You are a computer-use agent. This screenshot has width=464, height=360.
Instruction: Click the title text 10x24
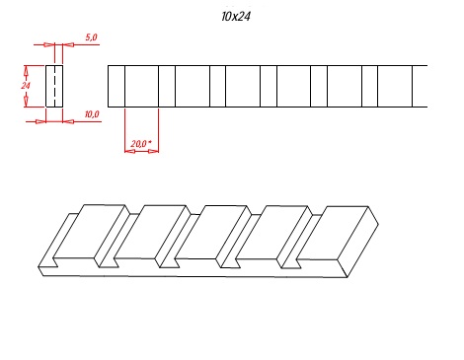pyautogui.click(x=236, y=16)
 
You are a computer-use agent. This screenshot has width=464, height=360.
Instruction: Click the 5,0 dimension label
pyautogui.click(x=91, y=37)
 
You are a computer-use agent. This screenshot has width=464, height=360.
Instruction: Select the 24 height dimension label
pyautogui.click(x=26, y=86)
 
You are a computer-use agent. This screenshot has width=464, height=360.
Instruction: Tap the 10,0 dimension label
pyautogui.click(x=92, y=114)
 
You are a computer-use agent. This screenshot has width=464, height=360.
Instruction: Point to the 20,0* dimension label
pyautogui.click(x=141, y=144)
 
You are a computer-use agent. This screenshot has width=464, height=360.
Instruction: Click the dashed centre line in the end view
pyautogui.click(x=54, y=86)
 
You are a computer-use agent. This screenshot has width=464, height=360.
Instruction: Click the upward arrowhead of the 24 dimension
pyautogui.click(x=26, y=70)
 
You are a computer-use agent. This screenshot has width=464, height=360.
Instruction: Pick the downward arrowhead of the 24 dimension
pyautogui.click(x=26, y=102)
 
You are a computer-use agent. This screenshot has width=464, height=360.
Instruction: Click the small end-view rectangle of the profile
pyautogui.click(x=54, y=86)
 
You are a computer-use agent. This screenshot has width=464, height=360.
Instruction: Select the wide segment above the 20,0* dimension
pyautogui.click(x=141, y=86)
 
